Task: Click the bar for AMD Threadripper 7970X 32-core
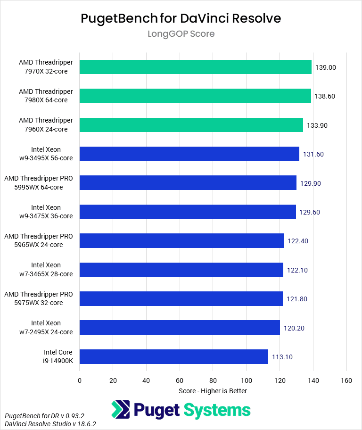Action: tap(195, 67)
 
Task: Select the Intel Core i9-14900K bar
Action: tap(173, 356)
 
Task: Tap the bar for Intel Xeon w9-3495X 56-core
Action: tap(189, 154)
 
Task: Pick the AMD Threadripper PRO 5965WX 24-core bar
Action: tap(181, 240)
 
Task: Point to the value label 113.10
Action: tap(282, 357)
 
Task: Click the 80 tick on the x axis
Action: tap(213, 380)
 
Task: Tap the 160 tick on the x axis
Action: tap(346, 380)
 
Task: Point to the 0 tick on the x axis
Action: tap(80, 380)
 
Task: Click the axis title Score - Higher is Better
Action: tap(213, 391)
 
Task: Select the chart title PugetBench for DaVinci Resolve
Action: tap(181, 18)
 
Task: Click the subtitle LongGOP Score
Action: tap(181, 34)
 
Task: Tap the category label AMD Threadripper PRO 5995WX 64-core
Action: tap(39, 183)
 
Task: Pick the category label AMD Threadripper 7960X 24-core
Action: tap(46, 125)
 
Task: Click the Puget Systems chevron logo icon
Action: tap(121, 409)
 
